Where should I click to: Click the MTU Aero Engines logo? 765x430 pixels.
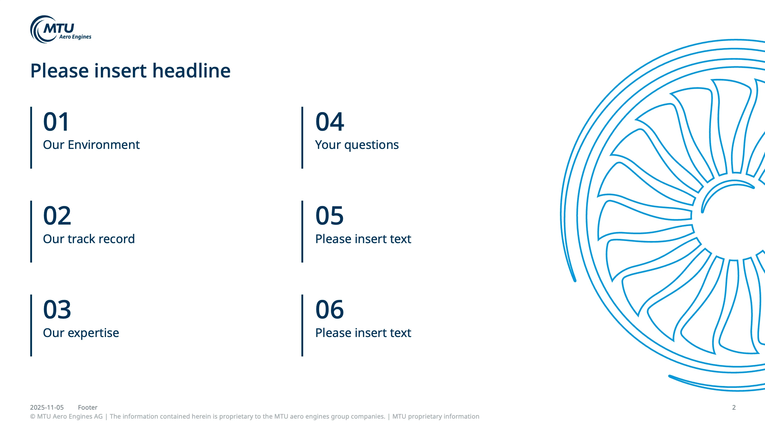61,29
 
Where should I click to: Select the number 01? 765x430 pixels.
56,122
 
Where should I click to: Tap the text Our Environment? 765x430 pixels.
91,145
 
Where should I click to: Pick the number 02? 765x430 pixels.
57,216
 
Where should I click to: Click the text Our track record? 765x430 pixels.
89,239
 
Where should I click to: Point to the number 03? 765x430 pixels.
57,309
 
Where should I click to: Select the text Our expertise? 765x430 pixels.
81,333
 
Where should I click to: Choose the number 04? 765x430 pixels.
330,122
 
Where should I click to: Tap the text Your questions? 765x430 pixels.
357,145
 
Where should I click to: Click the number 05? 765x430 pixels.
330,216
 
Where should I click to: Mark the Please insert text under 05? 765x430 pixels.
363,239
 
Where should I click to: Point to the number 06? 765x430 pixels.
330,309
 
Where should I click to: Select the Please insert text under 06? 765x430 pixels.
363,333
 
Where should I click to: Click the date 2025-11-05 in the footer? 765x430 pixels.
47,407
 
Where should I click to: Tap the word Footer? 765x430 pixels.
88,407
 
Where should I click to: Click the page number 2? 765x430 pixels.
734,407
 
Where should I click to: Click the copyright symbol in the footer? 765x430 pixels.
33,417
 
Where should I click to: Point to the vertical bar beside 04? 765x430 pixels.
302,138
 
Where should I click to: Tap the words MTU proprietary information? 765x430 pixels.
436,417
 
